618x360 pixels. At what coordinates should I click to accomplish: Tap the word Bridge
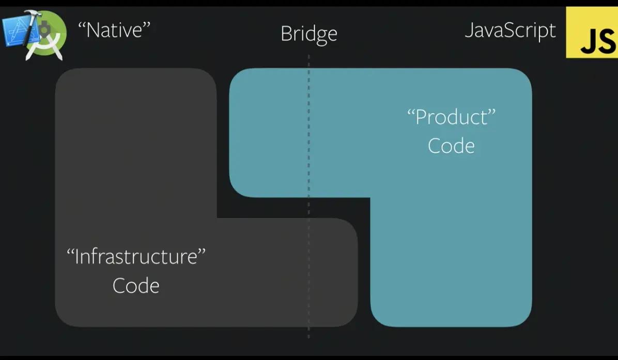click(308, 34)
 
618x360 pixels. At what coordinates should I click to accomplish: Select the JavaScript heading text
click(510, 30)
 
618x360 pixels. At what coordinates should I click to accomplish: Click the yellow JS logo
click(592, 32)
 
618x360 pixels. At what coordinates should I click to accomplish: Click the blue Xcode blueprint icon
click(21, 32)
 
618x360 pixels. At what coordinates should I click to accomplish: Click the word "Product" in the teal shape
click(452, 117)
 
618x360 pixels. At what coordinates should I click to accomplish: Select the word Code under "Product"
click(451, 146)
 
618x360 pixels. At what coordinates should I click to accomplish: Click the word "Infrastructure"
click(136, 256)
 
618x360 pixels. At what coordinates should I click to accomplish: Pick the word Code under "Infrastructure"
click(136, 286)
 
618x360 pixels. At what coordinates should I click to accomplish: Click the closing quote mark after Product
click(491, 111)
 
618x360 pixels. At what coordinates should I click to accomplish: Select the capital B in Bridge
click(286, 34)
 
